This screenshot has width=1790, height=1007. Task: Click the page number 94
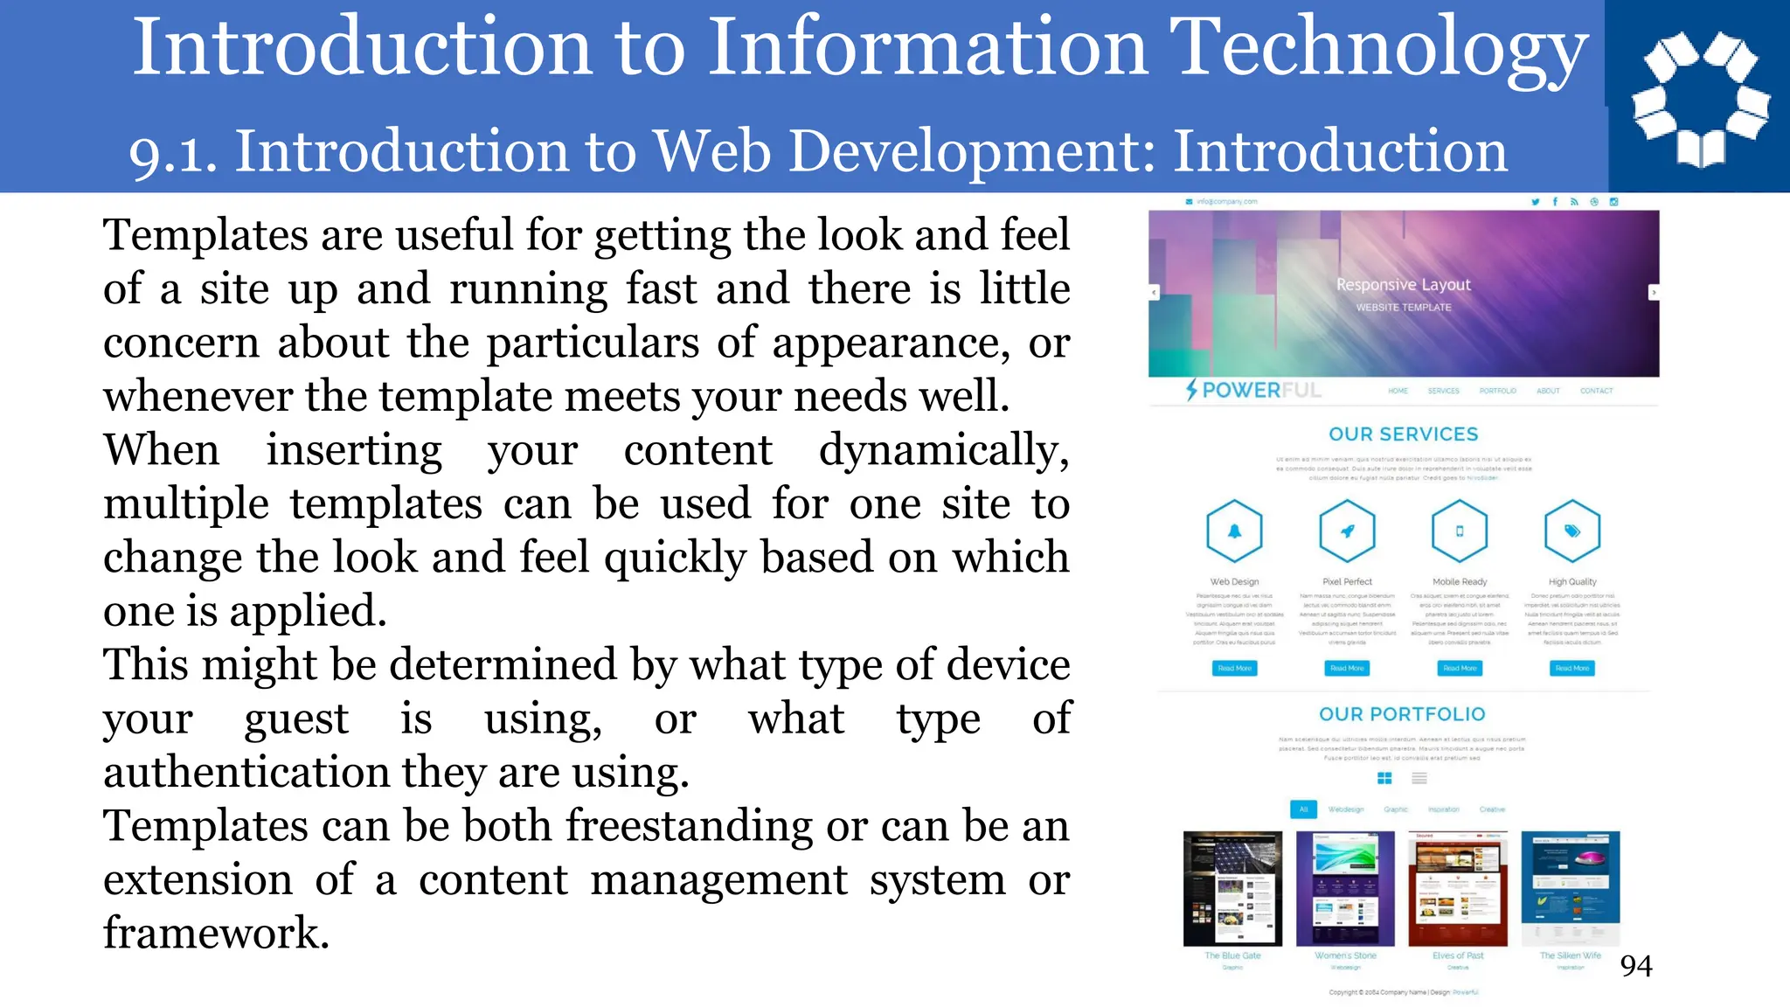click(1636, 966)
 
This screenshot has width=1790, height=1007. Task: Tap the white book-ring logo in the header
click(1700, 98)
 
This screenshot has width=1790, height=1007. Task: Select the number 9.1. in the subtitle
click(173, 153)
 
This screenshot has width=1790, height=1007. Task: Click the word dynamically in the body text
click(943, 451)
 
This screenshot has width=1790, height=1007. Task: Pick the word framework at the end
click(216, 934)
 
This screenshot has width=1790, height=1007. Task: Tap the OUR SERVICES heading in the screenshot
click(1403, 434)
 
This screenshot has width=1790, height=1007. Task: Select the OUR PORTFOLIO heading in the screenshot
click(1402, 714)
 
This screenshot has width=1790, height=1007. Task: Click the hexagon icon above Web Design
click(1234, 531)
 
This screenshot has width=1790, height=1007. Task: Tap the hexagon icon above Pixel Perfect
click(1347, 531)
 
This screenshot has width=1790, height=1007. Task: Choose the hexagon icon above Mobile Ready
click(1460, 531)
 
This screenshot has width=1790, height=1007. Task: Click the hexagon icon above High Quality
click(1572, 531)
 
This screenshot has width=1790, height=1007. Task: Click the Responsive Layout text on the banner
click(1403, 285)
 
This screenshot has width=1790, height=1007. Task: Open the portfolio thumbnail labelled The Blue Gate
click(1232, 889)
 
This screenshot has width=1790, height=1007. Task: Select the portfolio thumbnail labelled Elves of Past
click(1458, 889)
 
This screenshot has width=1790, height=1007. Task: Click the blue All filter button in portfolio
click(1303, 809)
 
